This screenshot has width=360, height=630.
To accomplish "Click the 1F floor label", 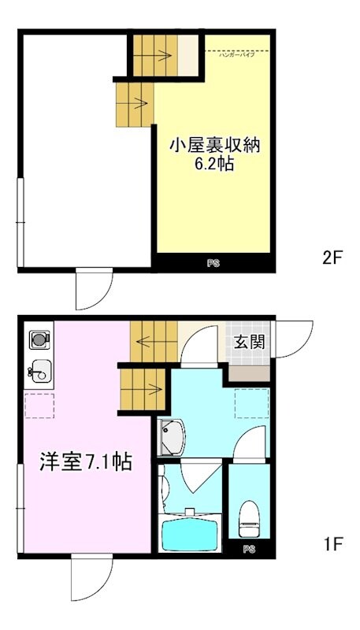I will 333,543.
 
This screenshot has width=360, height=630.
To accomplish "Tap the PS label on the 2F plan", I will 213,265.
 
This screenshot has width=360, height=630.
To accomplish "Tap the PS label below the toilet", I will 249,549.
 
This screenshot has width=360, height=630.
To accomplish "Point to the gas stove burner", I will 38,340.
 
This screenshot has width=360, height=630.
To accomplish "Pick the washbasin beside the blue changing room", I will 171,438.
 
